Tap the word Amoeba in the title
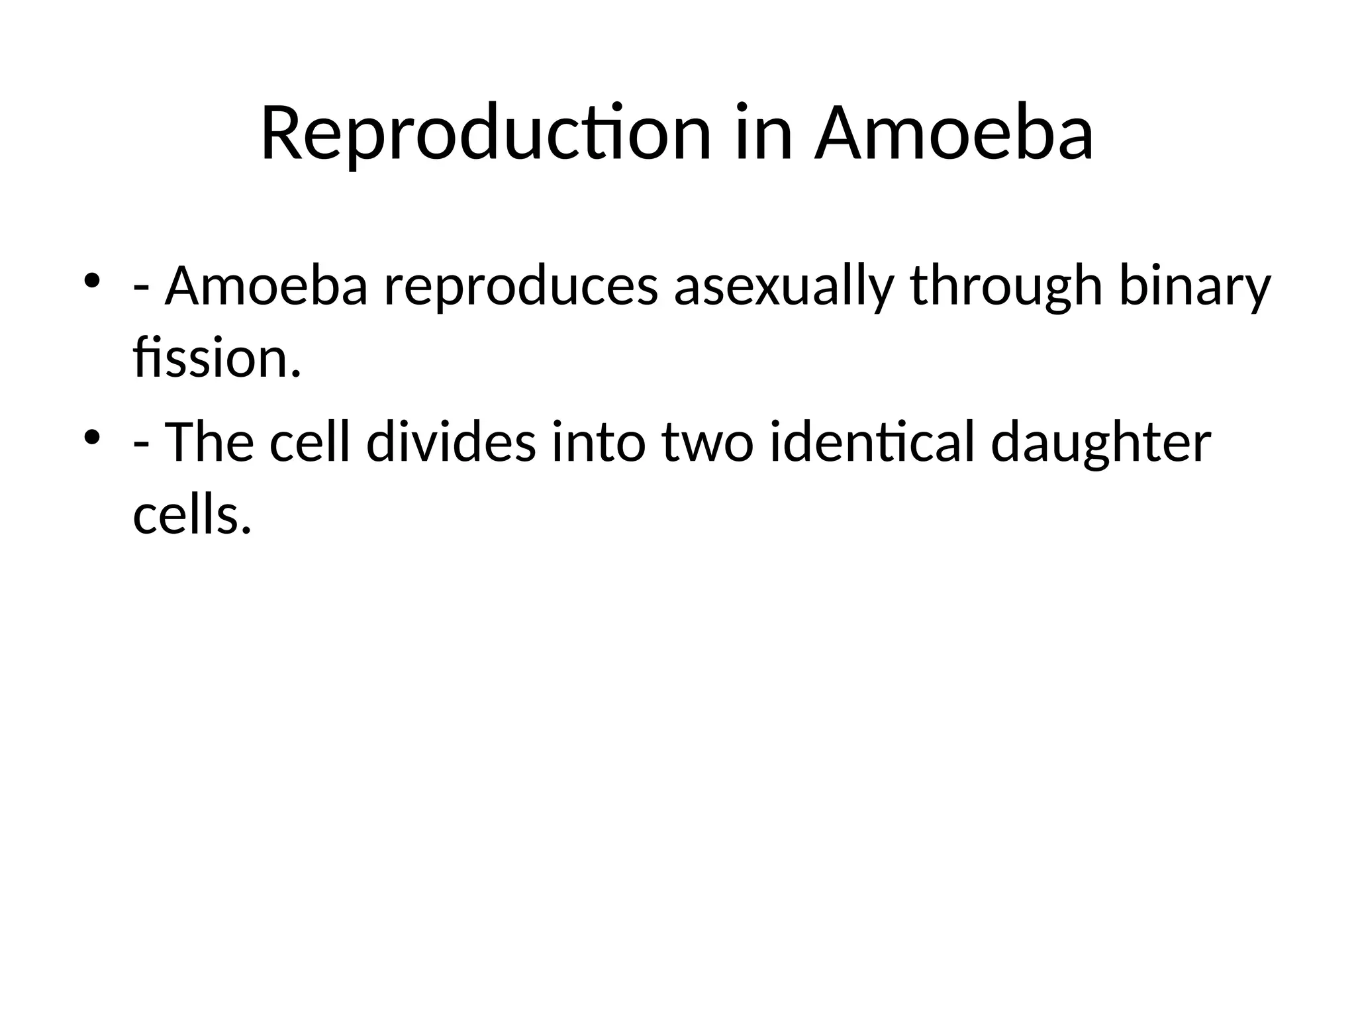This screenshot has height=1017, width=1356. (953, 134)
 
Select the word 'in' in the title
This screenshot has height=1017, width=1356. (763, 134)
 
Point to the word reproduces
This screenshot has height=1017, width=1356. (520, 287)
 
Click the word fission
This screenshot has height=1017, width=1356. (217, 359)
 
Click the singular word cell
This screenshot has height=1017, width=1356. (310, 443)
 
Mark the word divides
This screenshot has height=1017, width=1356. (451, 443)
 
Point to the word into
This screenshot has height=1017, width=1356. (598, 443)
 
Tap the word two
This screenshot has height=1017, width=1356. (707, 443)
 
